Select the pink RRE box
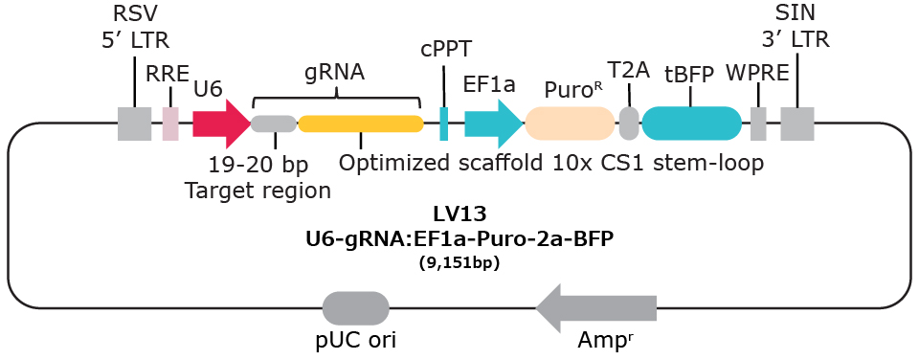[x=170, y=124]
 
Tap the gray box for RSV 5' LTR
[x=134, y=124]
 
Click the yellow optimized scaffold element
[x=361, y=124]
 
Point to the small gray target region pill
[x=274, y=124]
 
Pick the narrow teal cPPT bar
[x=444, y=124]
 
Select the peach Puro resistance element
[x=570, y=124]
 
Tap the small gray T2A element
[x=629, y=124]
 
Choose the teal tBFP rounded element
[x=691, y=124]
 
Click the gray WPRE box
[x=758, y=124]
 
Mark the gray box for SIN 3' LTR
[x=796, y=124]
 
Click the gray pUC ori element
[x=356, y=308]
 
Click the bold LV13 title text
[x=459, y=216]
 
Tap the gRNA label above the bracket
[x=335, y=72]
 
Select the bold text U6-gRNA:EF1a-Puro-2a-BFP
[x=459, y=239]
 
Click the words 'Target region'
[x=258, y=190]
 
